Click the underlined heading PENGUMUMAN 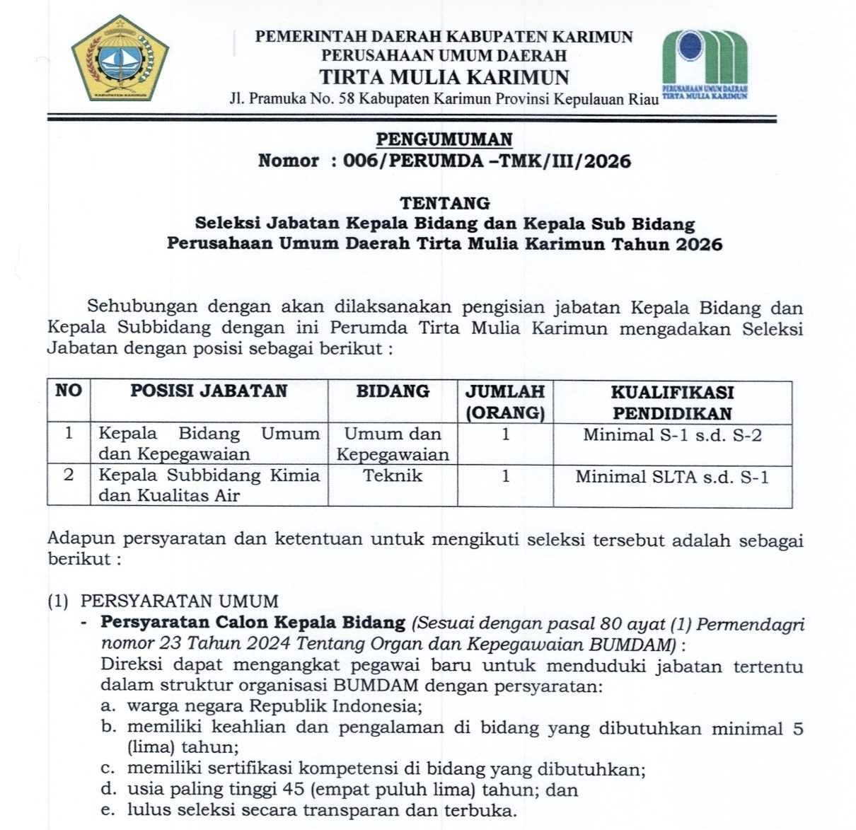click(444, 139)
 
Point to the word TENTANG click(444, 203)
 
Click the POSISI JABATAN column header click(209, 391)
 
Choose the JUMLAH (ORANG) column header click(504, 402)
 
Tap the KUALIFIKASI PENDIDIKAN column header click(672, 402)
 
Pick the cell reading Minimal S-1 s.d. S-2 click(672, 435)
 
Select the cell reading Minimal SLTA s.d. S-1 click(672, 477)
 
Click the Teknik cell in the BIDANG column click(393, 476)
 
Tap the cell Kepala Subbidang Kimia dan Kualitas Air click(209, 485)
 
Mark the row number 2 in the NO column click(69, 475)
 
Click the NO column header click(69, 391)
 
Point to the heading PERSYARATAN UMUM click(180, 601)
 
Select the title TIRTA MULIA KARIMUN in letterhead click(444, 76)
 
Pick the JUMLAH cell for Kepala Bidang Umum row click(505, 434)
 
